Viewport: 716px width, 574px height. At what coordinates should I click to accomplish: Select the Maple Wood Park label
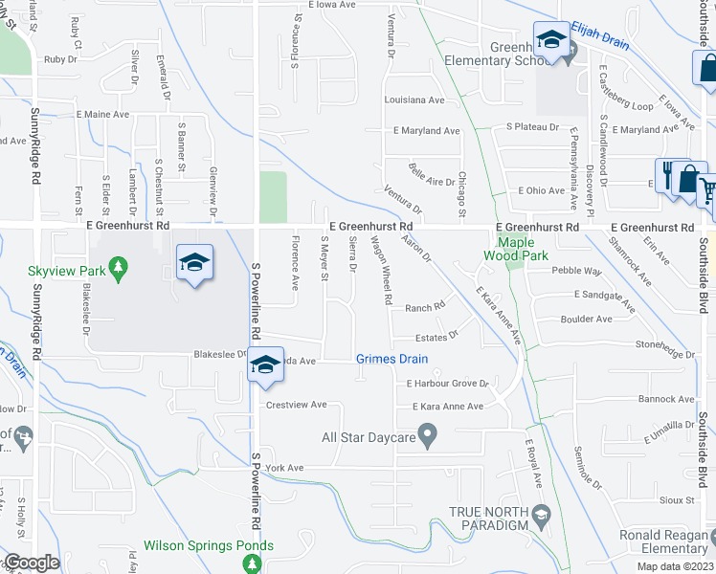516,249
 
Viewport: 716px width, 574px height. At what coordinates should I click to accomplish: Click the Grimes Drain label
392,360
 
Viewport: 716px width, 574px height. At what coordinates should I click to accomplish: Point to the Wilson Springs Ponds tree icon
252,563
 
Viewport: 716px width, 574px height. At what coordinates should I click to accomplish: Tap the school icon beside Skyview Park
194,263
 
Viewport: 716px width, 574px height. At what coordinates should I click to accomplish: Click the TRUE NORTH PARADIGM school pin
540,516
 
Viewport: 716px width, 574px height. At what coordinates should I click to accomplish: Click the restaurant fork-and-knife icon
668,173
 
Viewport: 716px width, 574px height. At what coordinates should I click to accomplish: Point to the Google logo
32,563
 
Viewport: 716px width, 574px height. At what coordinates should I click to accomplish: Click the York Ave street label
284,468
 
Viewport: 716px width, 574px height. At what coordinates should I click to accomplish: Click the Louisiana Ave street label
414,99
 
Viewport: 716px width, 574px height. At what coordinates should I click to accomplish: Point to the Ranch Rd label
425,307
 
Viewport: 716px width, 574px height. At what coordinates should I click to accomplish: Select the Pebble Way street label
576,271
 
